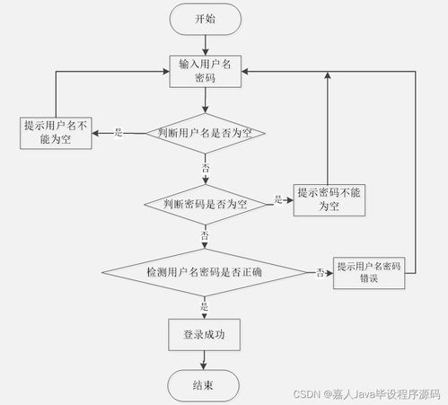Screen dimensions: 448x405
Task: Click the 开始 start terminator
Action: point(206,19)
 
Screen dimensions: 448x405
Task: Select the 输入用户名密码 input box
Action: point(206,72)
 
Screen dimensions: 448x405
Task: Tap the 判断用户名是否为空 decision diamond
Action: point(206,133)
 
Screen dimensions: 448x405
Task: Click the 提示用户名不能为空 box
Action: point(56,133)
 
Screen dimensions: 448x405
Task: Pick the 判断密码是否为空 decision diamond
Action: point(206,205)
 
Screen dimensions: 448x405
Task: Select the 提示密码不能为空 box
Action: point(329,200)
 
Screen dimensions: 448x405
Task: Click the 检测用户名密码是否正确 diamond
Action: point(205,272)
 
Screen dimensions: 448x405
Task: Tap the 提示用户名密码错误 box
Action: point(369,273)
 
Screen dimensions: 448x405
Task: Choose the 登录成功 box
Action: point(204,335)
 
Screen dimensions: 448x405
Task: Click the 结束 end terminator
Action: point(204,385)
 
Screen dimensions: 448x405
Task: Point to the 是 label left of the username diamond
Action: point(119,132)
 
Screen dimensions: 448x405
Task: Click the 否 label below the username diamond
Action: point(206,168)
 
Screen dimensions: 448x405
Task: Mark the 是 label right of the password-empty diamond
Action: point(278,199)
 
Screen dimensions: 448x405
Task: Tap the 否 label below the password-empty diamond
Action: point(205,235)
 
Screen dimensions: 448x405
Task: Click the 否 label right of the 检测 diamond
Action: point(321,272)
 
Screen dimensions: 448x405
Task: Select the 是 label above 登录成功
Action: point(204,306)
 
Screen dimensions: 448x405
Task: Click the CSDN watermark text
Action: point(366,394)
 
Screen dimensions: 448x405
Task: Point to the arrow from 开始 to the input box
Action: point(206,45)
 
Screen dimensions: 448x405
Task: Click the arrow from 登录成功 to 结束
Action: point(204,360)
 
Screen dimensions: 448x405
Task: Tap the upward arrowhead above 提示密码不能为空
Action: point(328,75)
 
